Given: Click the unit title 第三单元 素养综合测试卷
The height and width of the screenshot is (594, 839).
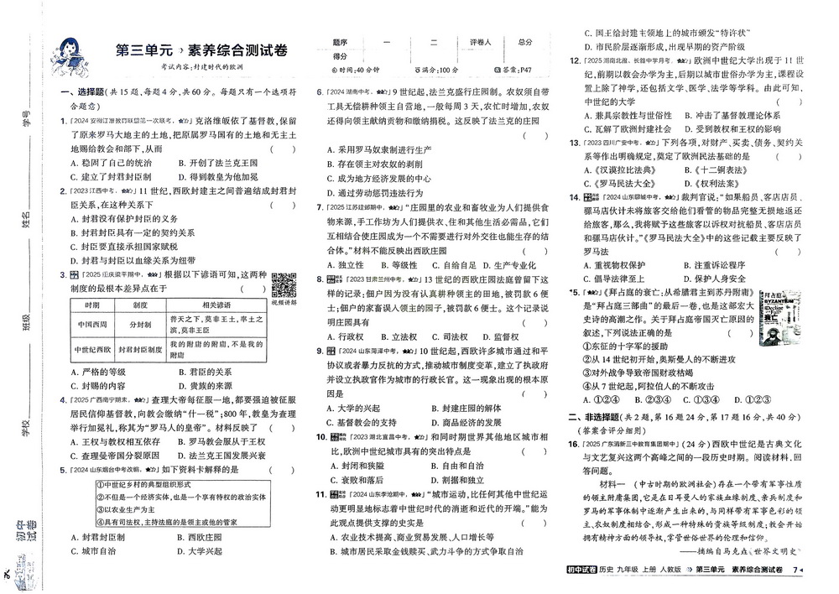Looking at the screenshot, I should [x=201, y=50].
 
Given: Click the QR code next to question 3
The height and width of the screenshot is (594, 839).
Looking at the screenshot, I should [x=284, y=285].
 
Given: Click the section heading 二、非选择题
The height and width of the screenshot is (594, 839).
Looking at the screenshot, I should [x=602, y=416].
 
